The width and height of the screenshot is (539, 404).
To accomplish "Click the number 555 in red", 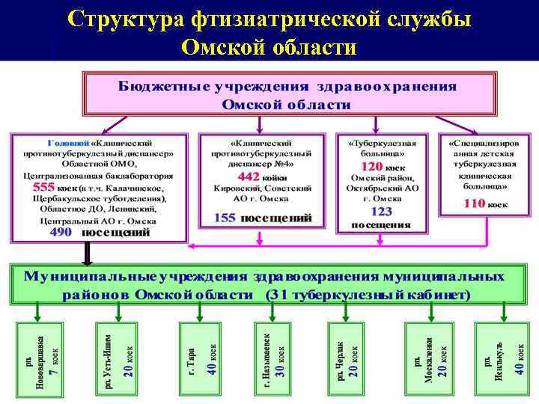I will coord(43,187).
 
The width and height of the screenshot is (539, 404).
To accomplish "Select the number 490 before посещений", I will coord(61,232).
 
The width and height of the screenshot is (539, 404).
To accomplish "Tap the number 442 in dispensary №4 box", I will coord(248,175).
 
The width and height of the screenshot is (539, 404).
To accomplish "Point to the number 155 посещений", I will coord(225,218).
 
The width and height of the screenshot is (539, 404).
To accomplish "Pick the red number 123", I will coord(380,212).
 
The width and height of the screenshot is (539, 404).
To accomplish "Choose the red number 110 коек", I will coord(474,203).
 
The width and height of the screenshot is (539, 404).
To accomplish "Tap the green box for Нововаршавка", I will coord(43,356).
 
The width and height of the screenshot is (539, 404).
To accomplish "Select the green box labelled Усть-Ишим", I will coord(115,356).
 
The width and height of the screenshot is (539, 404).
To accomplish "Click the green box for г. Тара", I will coord(201,356).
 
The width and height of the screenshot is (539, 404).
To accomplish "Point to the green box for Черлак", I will coord(347,356).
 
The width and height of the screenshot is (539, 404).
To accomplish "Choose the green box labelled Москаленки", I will coord(429,356).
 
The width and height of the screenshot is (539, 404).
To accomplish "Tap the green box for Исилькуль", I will coord(500,356).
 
